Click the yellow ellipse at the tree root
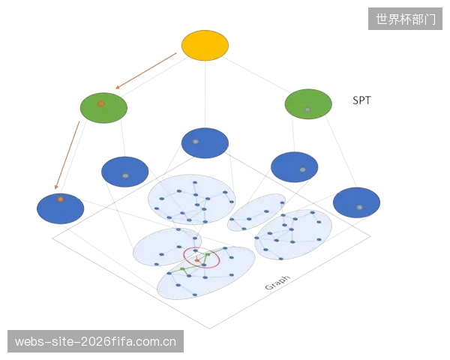click(205, 45)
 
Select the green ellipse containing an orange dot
click(103, 108)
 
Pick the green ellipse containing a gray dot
click(308, 104)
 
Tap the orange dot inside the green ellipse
click(100, 103)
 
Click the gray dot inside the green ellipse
click(307, 109)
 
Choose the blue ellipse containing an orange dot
click(60, 208)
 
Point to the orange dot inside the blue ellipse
click(60, 199)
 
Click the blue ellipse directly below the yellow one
click(205, 143)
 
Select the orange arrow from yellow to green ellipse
click(146, 70)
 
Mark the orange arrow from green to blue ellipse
click(67, 155)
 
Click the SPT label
click(361, 100)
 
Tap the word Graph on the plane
click(277, 283)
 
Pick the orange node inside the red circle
click(197, 260)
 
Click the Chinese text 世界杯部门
click(406, 19)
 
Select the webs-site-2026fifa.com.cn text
click(95, 341)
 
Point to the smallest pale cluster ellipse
click(256, 212)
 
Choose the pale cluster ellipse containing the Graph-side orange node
click(205, 273)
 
